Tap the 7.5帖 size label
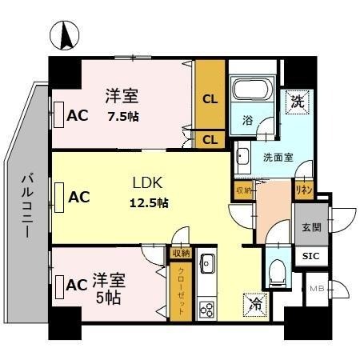click(122, 116)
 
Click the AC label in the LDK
click(78, 195)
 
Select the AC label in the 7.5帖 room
click(77, 115)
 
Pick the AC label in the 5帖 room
click(77, 284)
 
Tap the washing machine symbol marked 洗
click(297, 102)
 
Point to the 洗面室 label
click(278, 157)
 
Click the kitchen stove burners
click(207, 309)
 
